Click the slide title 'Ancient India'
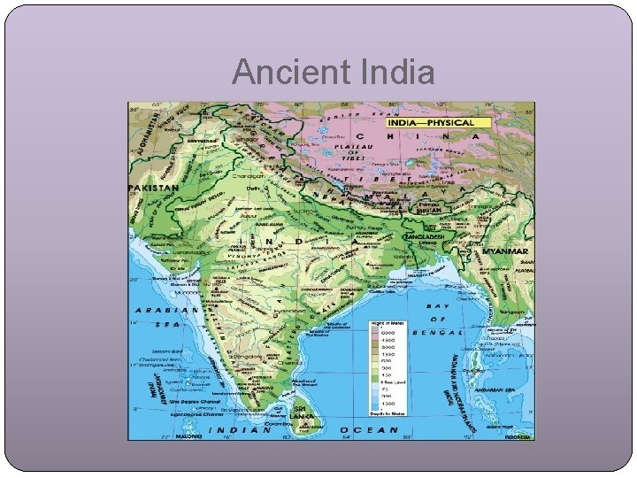click(334, 72)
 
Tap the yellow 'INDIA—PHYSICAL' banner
click(433, 122)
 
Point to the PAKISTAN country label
click(154, 189)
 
